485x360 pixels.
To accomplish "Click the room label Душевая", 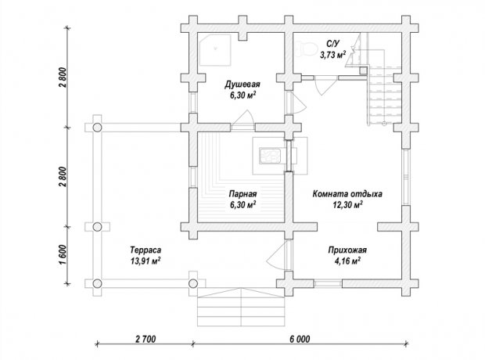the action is pos(242,85).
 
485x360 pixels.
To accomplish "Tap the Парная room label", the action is pos(242,194).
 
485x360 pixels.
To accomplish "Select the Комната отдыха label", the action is pos(347,194).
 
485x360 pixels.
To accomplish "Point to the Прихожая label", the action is pos(347,250).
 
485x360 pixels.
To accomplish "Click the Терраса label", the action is pos(145,250).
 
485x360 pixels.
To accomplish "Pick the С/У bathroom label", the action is pos(332,43).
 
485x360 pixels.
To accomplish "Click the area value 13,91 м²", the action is pos(145,261).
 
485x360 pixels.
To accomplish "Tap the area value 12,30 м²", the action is pos(347,204).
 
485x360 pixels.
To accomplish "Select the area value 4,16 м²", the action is pos(347,261).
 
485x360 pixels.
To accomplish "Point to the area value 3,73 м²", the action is pos(332,55).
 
